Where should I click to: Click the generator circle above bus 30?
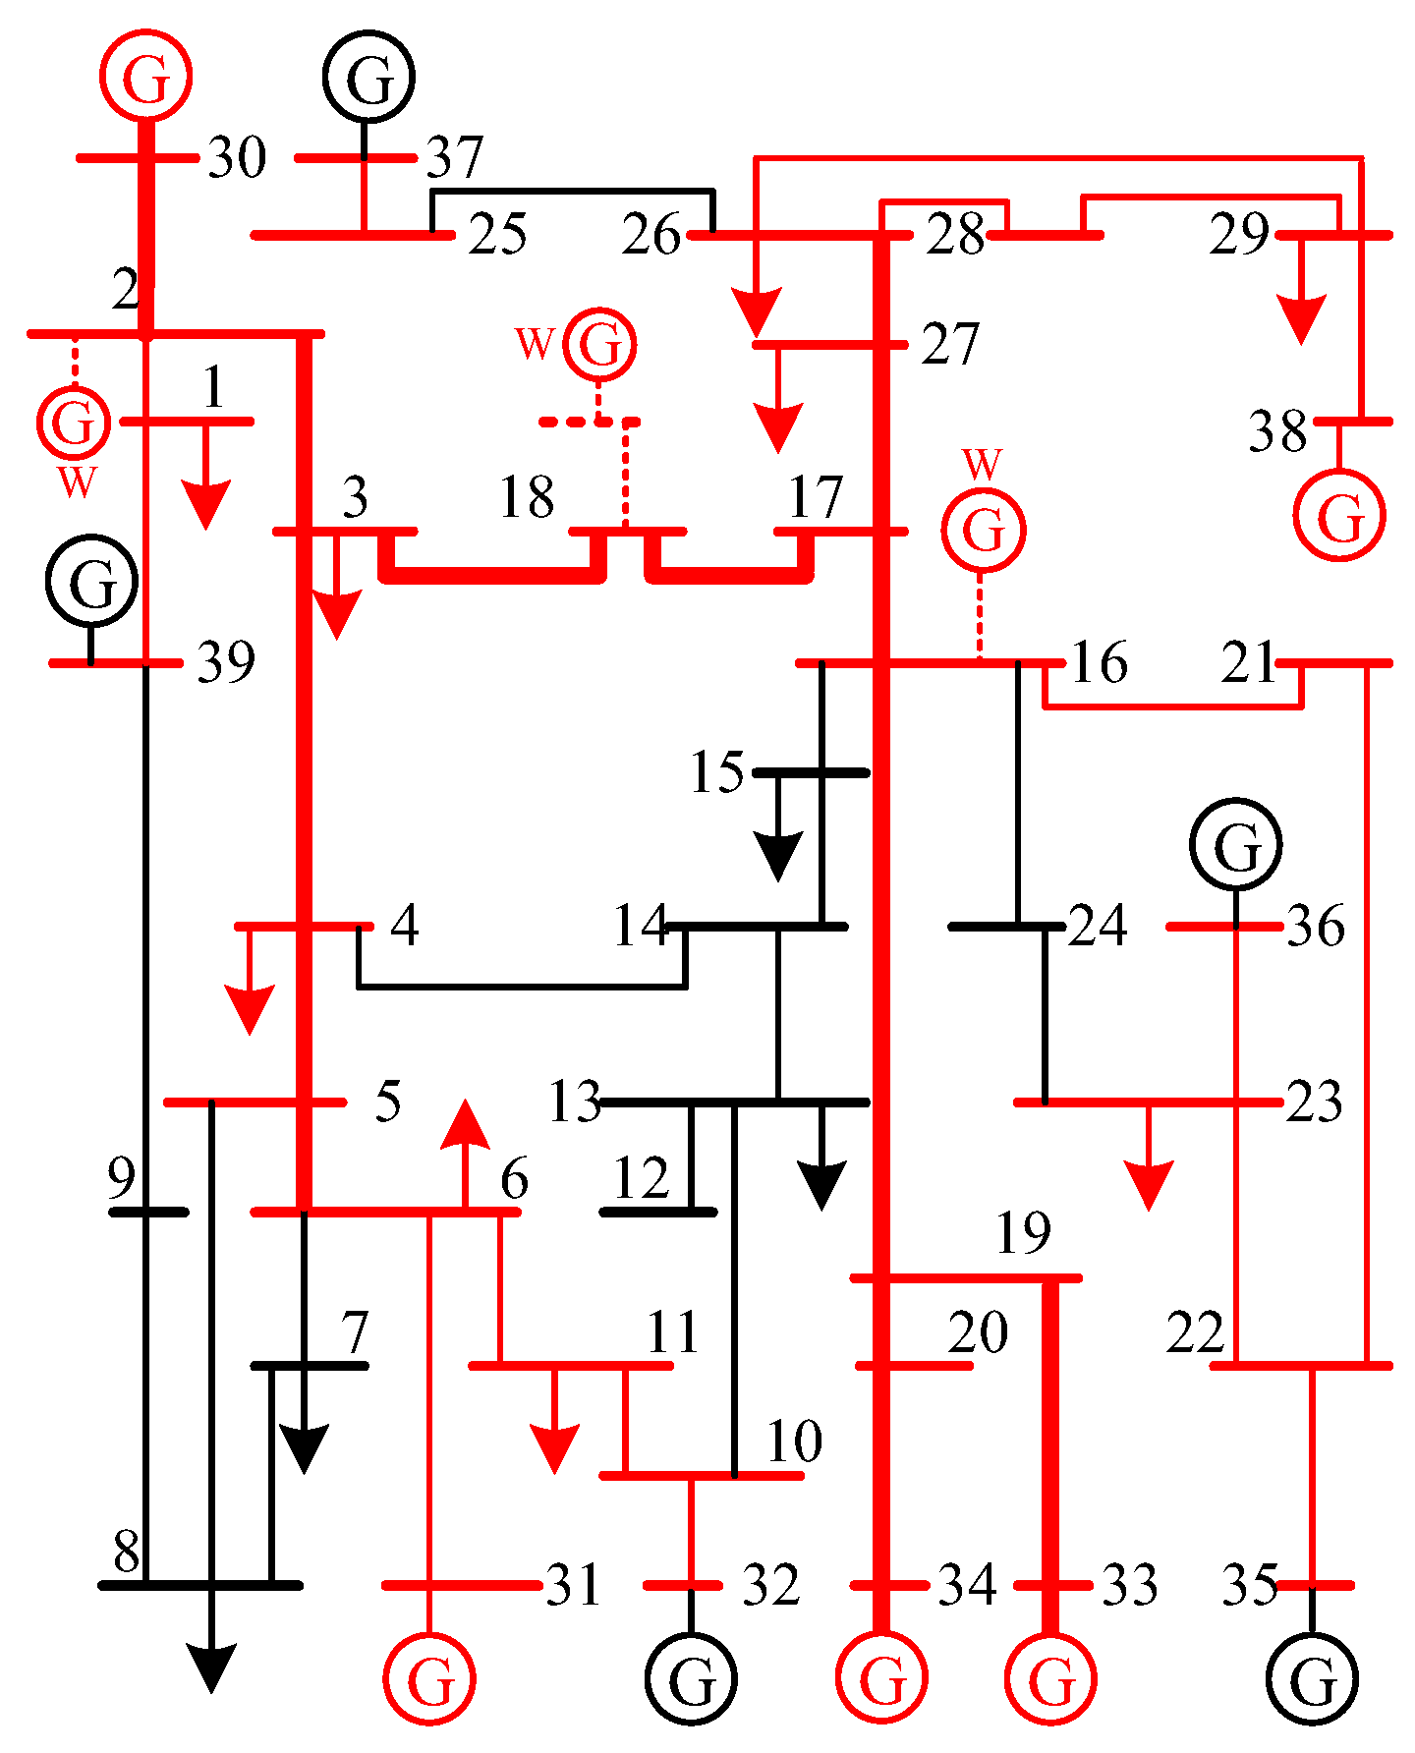pyautogui.click(x=145, y=76)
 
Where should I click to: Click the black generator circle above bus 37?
pyautogui.click(x=368, y=77)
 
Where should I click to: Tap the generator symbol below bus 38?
pyautogui.click(x=1339, y=514)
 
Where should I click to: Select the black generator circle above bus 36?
pyautogui.click(x=1236, y=844)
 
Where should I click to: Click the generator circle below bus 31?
pyautogui.click(x=428, y=1678)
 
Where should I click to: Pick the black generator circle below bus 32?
pyautogui.click(x=691, y=1678)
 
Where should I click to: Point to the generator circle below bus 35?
pyautogui.click(x=1312, y=1678)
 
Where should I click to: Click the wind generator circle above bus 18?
pyautogui.click(x=599, y=344)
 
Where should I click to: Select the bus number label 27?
pyautogui.click(x=949, y=344)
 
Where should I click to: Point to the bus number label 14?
pyautogui.click(x=640, y=925)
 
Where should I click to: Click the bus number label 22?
pyautogui.click(x=1196, y=1331)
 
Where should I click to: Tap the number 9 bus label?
pyautogui.click(x=121, y=1177)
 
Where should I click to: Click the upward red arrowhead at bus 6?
pyautogui.click(x=465, y=1125)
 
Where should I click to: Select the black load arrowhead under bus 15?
pyautogui.click(x=778, y=855)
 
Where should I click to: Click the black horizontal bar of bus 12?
pyautogui.click(x=657, y=1212)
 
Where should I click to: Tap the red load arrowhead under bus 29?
pyautogui.click(x=1301, y=319)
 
